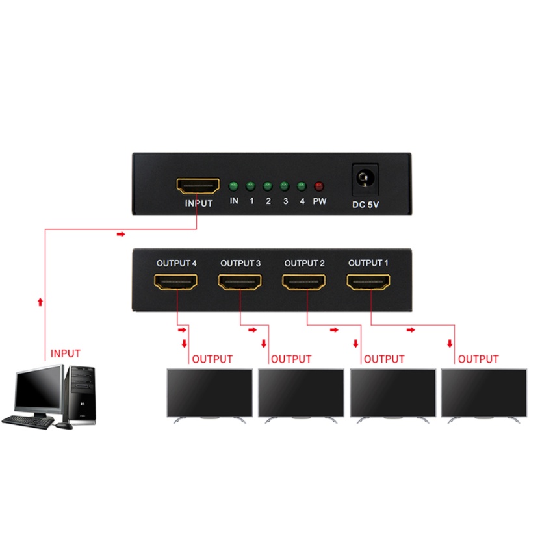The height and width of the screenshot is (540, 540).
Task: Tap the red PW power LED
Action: point(318,186)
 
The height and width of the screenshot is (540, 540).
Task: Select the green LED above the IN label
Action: point(234,186)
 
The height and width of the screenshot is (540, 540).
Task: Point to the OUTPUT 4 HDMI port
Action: point(176,283)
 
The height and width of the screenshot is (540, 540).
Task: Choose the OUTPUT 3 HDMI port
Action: point(240,283)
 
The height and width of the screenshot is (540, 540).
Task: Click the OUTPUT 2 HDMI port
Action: point(304,283)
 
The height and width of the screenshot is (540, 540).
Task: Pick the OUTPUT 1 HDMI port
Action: point(368,283)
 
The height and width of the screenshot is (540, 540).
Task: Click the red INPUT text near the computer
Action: point(66,354)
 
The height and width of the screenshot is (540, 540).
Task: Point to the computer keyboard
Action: point(29,421)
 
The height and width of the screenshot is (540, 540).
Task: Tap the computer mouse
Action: point(64,425)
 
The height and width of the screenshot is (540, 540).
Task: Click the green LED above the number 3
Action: point(285,186)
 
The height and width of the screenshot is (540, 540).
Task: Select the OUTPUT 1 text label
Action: point(369,263)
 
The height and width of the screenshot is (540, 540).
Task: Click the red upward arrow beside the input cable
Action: point(41,302)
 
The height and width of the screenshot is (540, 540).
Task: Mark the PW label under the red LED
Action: point(319,201)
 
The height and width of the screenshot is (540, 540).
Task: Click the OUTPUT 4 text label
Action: point(176,263)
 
